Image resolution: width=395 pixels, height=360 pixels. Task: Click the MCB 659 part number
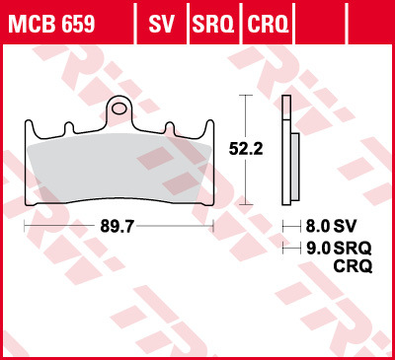click(x=52, y=21)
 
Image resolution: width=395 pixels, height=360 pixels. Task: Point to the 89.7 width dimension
click(x=118, y=225)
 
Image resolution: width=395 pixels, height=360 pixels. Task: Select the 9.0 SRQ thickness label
click(x=331, y=247)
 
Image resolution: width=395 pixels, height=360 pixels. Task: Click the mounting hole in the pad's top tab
click(x=119, y=105)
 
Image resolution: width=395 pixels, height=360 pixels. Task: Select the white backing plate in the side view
click(x=285, y=148)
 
